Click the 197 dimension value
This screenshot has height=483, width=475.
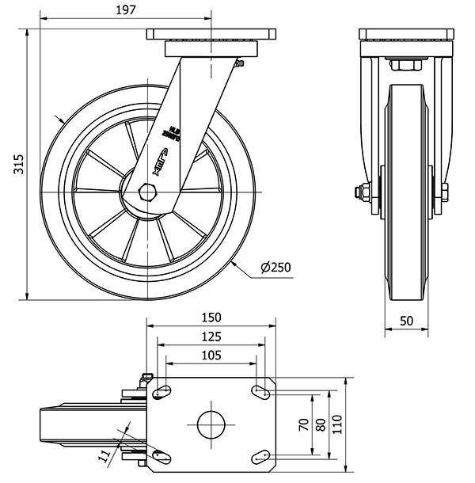(x=125, y=10)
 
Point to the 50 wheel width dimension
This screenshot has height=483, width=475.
(x=407, y=319)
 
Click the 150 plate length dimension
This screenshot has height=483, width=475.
(x=211, y=318)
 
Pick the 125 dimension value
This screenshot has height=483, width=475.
(x=211, y=337)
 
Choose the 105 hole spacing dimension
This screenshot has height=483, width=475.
(x=211, y=356)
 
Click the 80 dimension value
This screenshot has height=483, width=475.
(x=321, y=424)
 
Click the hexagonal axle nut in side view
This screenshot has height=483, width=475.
(x=148, y=192)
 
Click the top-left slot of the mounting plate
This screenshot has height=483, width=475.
(x=164, y=390)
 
